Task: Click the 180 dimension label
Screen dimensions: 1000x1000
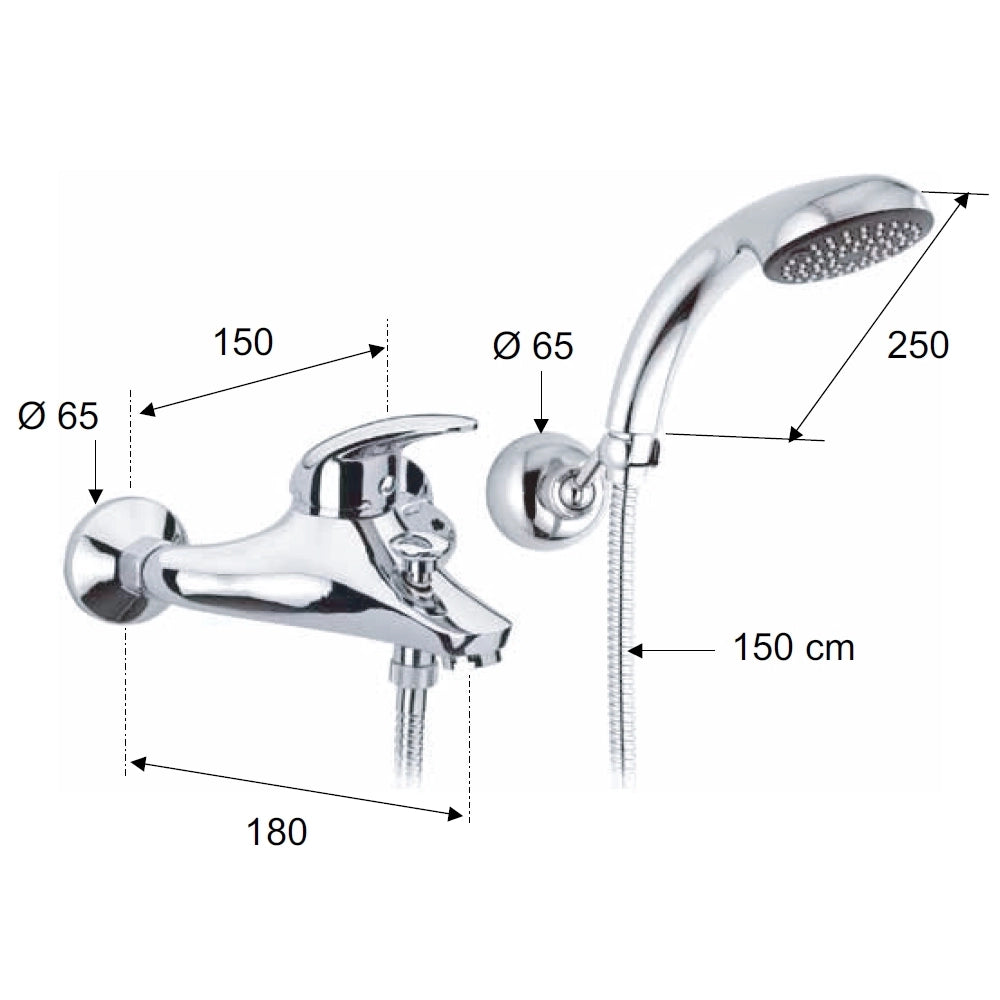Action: (x=277, y=832)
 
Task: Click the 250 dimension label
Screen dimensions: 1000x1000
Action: (x=918, y=345)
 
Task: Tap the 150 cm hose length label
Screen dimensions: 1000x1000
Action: (x=794, y=647)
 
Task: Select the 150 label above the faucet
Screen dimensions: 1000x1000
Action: (x=243, y=342)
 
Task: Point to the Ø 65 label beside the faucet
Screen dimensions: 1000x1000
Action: (x=58, y=416)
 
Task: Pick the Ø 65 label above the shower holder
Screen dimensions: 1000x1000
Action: (x=533, y=346)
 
